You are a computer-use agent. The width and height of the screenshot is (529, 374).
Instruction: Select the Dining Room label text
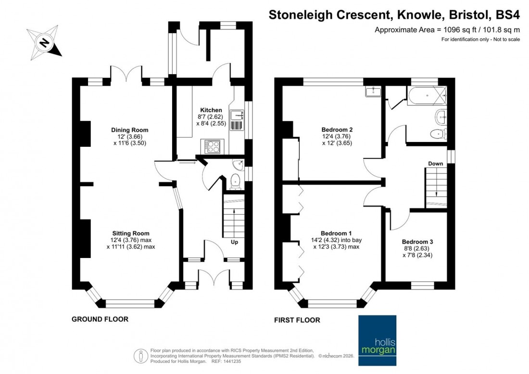129,130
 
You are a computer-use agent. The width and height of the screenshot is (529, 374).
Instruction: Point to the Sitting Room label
131,233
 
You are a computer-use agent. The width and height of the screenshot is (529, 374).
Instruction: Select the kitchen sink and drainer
238,120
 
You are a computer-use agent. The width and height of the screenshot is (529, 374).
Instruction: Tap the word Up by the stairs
235,242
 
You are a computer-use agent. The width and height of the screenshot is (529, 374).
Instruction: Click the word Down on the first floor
435,164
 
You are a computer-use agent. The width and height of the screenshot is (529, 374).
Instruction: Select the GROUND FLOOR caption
100,319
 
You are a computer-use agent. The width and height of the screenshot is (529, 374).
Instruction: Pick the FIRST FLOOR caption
297,320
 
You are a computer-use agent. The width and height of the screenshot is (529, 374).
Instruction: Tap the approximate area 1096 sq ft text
447,29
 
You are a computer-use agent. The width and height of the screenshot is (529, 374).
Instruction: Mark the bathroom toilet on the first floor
438,134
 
